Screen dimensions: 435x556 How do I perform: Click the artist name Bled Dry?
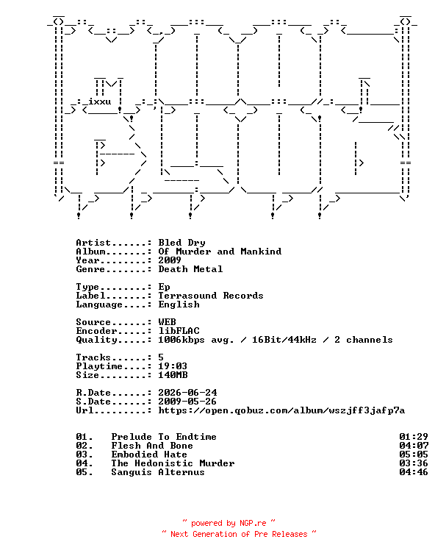(x=181, y=243)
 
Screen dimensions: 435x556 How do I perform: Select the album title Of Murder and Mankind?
(x=220, y=252)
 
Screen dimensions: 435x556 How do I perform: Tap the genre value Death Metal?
(x=190, y=269)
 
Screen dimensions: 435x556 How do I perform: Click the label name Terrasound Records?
(x=211, y=296)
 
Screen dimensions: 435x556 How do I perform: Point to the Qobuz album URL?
(x=281, y=410)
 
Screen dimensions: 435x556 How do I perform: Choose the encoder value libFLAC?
(x=179, y=331)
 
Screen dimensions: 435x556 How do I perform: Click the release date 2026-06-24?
(x=187, y=393)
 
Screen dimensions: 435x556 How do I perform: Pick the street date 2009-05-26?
(x=187, y=402)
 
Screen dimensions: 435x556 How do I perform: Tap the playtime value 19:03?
(x=173, y=366)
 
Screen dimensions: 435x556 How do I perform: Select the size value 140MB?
(x=173, y=375)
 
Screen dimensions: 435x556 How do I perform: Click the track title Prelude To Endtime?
(x=164, y=437)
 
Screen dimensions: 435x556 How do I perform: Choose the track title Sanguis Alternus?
(x=158, y=472)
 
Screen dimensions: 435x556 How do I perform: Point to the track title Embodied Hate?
(x=149, y=455)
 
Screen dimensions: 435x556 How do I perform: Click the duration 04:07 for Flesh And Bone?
(x=414, y=446)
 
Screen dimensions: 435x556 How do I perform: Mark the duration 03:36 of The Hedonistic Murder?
(x=414, y=463)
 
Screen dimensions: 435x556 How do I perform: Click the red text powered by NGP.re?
(x=229, y=524)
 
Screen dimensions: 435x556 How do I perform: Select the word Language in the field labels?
(x=99, y=304)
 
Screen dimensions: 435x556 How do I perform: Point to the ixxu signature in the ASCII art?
(x=99, y=101)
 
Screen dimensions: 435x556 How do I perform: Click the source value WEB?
(x=168, y=322)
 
